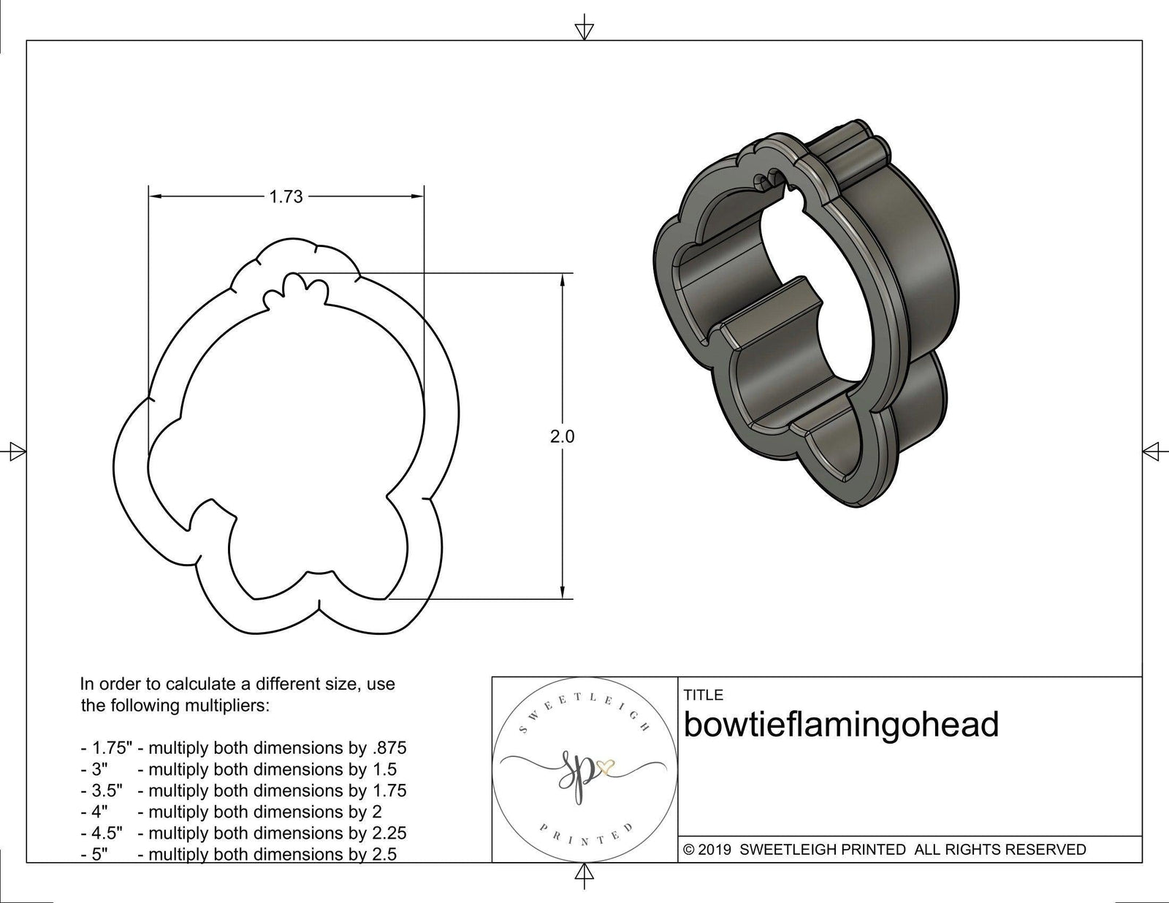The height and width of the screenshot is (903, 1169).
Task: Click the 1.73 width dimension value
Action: coord(286,197)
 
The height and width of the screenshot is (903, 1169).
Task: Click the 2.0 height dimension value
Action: coord(562,437)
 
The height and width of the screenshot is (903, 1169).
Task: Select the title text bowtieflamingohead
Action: coord(841,725)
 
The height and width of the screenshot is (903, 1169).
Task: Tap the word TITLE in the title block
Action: coord(703,695)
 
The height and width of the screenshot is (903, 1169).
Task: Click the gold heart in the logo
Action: coord(605,767)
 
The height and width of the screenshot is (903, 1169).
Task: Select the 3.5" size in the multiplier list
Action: coord(102,790)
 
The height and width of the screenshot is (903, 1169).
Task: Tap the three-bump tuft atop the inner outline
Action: coord(292,289)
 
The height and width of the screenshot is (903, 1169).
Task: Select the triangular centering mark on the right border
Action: coord(1151,451)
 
